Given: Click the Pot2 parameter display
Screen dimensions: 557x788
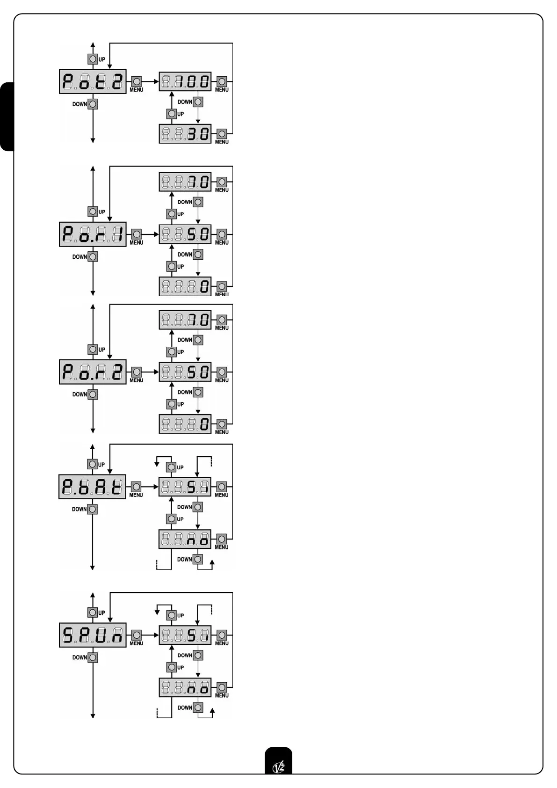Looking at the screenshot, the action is pos(93,82).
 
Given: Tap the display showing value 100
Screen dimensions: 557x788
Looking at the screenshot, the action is pos(185,82).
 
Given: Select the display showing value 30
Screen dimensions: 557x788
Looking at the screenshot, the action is pos(185,134).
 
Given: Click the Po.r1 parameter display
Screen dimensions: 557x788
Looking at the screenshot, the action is pos(93,234).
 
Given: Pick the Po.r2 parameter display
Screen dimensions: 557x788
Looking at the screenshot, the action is pos(93,372).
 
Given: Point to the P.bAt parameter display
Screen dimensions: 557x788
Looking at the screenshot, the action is pos(93,487).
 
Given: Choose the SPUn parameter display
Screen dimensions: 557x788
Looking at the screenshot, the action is pos(93,635).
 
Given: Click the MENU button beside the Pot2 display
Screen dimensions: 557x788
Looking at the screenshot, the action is pos(137,82).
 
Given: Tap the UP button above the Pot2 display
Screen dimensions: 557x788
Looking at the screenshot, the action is pos(93,59).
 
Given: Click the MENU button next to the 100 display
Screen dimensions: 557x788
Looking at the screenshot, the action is pos(222,82).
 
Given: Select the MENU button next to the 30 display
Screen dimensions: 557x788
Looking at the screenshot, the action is pos(222,134).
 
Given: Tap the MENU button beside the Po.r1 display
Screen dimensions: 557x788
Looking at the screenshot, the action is pos(137,234).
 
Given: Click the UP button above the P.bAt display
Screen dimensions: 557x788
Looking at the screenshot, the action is pos(93,464).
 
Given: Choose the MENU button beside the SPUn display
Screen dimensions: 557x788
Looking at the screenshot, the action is pos(137,635).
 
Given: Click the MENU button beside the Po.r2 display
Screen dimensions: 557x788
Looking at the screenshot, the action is pos(137,372).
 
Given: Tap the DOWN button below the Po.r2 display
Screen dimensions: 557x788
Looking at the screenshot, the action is pos(93,394).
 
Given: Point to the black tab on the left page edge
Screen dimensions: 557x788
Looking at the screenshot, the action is pos(7,117).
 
